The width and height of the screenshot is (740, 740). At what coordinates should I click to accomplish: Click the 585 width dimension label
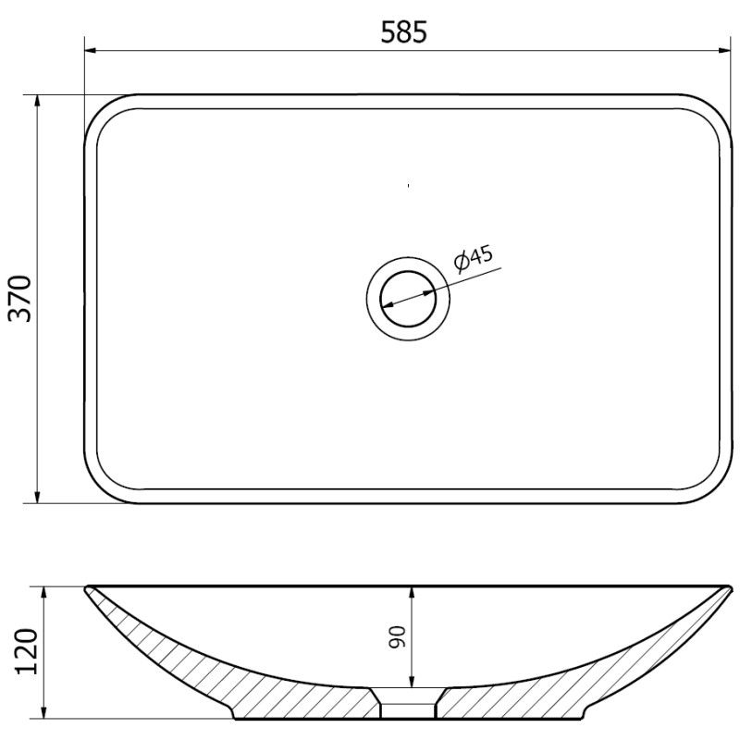click(x=404, y=31)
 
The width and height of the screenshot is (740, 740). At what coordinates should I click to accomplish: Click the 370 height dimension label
click(x=20, y=298)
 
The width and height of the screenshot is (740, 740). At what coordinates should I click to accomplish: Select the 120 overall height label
click(x=26, y=652)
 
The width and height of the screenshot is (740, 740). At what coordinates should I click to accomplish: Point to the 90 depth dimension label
click(x=397, y=637)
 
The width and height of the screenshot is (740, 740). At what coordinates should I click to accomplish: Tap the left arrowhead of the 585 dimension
click(x=91, y=49)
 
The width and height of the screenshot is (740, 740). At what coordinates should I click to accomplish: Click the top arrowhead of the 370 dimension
click(x=38, y=100)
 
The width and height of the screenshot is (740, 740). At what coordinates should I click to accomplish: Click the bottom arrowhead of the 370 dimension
click(x=38, y=498)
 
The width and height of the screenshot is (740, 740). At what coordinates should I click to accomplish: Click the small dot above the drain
click(x=408, y=186)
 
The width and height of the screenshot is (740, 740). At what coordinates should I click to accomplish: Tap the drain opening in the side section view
click(x=408, y=707)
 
